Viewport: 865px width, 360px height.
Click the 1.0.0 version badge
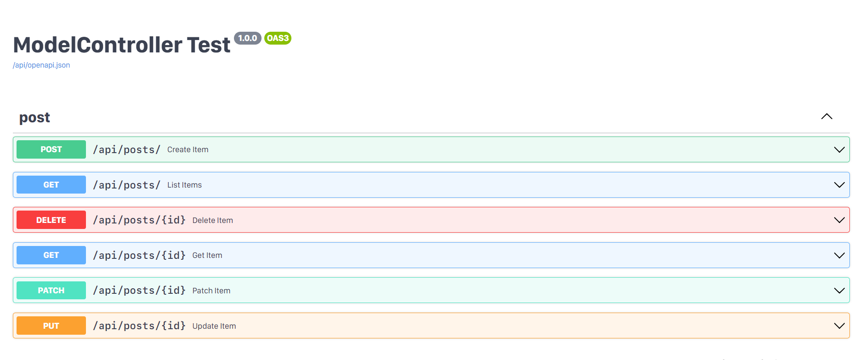tap(247, 38)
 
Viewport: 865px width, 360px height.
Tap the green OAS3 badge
tap(278, 38)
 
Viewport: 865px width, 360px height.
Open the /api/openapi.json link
tap(41, 65)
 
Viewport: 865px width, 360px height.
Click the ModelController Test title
tap(122, 45)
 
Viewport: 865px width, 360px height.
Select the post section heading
tap(34, 118)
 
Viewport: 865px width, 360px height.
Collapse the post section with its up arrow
tap(826, 117)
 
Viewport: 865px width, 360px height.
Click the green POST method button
tap(51, 149)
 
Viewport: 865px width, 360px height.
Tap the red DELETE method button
tap(51, 220)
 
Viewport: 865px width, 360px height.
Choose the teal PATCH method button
tap(51, 291)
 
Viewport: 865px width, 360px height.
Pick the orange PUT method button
tap(51, 326)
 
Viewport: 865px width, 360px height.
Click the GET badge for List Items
tap(51, 185)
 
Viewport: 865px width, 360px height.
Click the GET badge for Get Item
tap(51, 255)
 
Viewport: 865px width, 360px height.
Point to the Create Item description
tap(188, 150)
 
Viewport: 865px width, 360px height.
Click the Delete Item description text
tap(212, 221)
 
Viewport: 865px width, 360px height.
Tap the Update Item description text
tap(214, 326)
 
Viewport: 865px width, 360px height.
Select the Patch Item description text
tap(211, 291)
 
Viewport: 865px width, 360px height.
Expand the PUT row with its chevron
tap(839, 326)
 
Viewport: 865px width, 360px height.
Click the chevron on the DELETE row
tap(839, 220)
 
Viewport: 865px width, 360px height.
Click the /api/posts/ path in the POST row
tap(126, 150)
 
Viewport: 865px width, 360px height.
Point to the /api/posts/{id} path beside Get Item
tap(139, 256)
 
